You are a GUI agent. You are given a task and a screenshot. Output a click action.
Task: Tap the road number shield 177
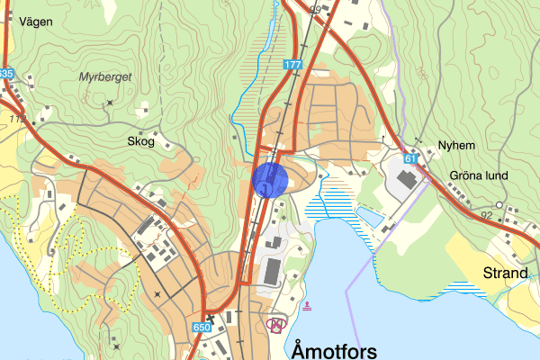click(x=292, y=65)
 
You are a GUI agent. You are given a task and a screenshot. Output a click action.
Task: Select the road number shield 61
click(x=410, y=159)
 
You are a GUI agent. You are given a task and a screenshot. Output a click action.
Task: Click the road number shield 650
click(x=202, y=328)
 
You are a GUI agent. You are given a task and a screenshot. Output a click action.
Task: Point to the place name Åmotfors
click(x=334, y=348)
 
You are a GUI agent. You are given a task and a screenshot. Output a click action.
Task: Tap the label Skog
click(x=140, y=141)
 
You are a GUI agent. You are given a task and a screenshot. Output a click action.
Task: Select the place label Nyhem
click(x=454, y=144)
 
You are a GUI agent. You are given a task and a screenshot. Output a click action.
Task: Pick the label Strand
click(x=505, y=273)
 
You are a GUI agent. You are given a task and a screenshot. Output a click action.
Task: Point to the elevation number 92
click(x=488, y=216)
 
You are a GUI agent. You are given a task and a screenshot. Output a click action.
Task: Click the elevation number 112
click(x=17, y=119)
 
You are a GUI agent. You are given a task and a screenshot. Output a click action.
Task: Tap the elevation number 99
click(x=315, y=9)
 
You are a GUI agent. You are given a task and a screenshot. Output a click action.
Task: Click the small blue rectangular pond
click(x=369, y=216)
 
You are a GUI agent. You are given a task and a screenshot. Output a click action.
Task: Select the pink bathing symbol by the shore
click(x=308, y=307)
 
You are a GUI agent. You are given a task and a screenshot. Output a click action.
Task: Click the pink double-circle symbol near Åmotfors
click(x=277, y=323)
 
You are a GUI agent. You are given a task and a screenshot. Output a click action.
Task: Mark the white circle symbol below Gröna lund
click(x=499, y=205)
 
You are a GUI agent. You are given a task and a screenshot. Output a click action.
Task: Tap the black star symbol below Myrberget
click(x=110, y=103)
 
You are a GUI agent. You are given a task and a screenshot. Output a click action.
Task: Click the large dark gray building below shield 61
click(x=405, y=179)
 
